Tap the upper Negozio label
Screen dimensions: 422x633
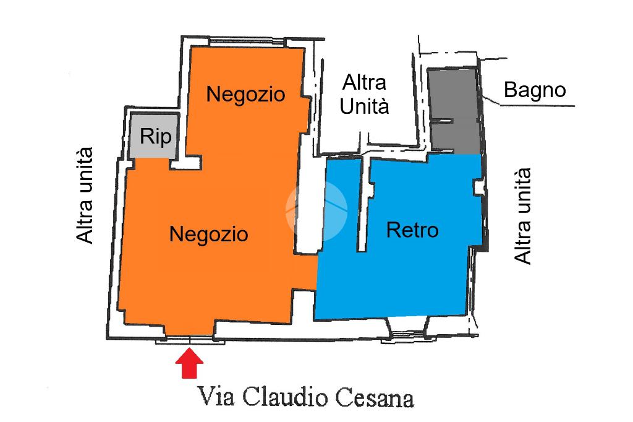(x=245, y=95)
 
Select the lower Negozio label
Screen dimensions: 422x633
(x=208, y=234)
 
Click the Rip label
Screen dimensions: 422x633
(x=155, y=136)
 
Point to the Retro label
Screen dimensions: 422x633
(x=412, y=230)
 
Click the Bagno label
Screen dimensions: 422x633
(x=535, y=90)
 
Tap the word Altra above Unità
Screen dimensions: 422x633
(x=365, y=82)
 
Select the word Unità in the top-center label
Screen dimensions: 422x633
(x=365, y=106)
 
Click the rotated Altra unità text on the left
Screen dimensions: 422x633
(x=84, y=195)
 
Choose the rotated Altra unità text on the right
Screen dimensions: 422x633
(x=523, y=216)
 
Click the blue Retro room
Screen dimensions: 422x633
(x=420, y=260)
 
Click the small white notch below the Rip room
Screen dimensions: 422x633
(x=185, y=163)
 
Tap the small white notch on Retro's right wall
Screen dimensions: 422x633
(x=478, y=186)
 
